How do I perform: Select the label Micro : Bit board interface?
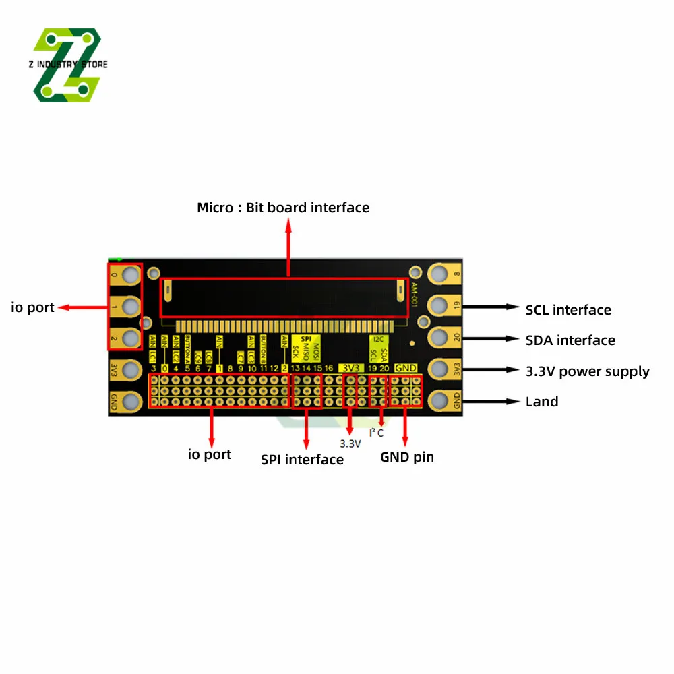click(283, 208)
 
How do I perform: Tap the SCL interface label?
click(568, 310)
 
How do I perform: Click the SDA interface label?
click(570, 340)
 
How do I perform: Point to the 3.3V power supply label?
click(587, 371)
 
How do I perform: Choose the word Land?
click(542, 402)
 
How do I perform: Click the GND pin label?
click(407, 457)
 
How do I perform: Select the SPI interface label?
click(302, 460)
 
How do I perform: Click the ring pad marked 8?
click(440, 274)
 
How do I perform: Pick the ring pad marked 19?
click(440, 305)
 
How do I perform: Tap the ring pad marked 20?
click(440, 337)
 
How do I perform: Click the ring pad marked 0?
click(131, 274)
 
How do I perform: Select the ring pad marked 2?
click(131, 338)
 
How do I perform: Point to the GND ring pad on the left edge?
click(131, 402)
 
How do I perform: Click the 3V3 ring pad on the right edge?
click(440, 369)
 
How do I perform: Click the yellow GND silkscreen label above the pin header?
click(406, 368)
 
